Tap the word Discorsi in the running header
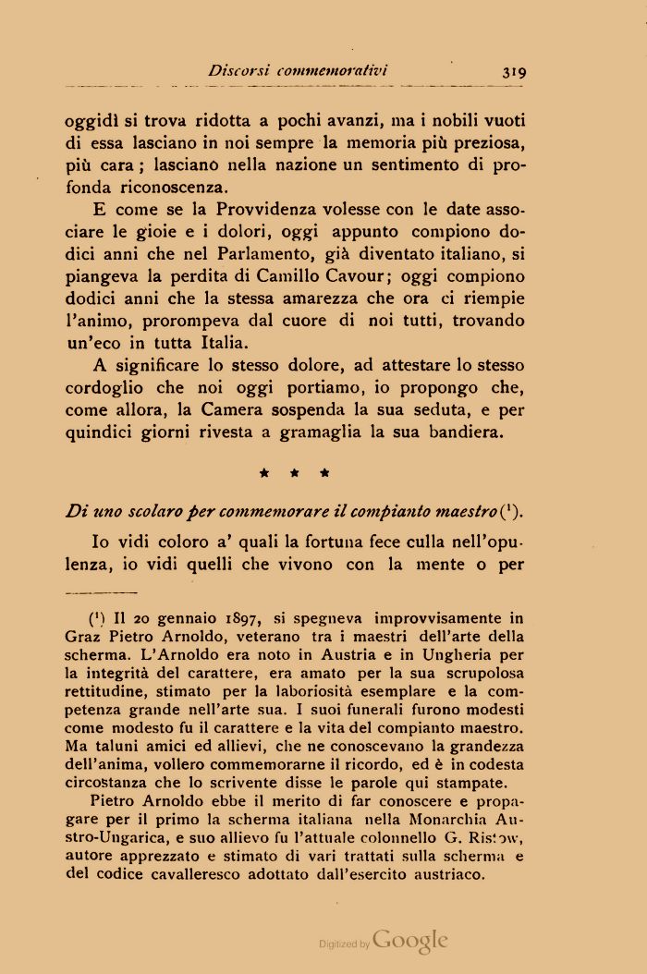coord(238,70)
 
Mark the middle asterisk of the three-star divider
coord(295,473)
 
